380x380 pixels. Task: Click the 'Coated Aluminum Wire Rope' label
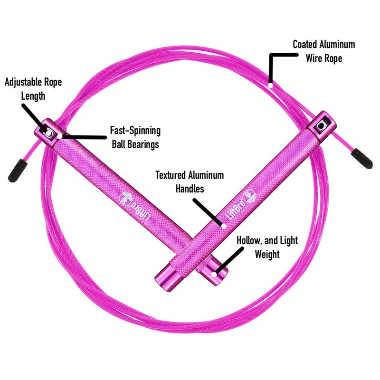(323, 51)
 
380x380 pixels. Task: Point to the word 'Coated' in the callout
(305, 45)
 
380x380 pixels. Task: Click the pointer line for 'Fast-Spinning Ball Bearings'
(85, 137)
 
